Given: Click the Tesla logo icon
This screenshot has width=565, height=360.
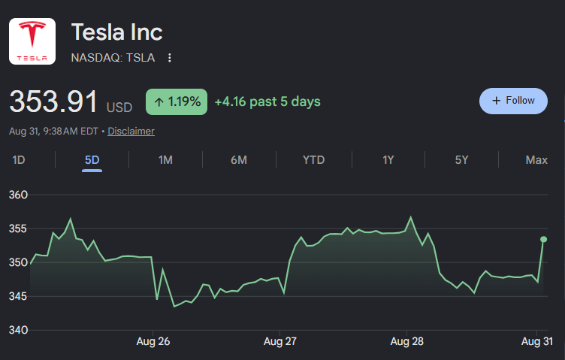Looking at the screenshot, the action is coord(32,41).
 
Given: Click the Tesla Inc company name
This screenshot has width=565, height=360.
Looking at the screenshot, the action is coord(116,32).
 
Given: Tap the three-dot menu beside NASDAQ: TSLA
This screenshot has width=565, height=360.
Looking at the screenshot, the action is coord(169,58).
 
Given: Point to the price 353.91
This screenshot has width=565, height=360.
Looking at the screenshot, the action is coord(53,101).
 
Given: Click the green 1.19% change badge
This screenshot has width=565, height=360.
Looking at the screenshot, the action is coord(177,101).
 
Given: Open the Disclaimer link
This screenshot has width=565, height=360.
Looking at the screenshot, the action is coord(131,132).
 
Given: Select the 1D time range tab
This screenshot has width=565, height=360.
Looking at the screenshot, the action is coord(18,159).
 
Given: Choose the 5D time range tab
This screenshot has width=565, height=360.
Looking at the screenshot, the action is coord(92,159).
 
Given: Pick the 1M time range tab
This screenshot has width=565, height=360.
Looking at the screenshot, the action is coord(165,159).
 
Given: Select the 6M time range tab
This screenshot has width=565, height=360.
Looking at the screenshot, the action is coord(239,159).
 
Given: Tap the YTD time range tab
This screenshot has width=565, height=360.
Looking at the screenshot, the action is coord(313,159).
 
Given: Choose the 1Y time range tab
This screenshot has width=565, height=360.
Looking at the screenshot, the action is coord(388,159).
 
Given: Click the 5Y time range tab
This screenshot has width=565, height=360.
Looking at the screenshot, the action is coord(461,159).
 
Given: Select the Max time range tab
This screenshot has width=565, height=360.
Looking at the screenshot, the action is coord(536,159).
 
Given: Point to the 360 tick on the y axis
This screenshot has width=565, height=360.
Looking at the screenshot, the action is coord(18,195).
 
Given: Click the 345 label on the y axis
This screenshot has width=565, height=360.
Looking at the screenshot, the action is coord(18,296).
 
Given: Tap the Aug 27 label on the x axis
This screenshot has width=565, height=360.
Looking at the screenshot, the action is coord(280,341).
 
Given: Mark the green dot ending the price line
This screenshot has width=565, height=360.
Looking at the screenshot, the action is coord(544,239).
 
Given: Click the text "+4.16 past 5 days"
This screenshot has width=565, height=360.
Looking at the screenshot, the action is coord(267,101).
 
